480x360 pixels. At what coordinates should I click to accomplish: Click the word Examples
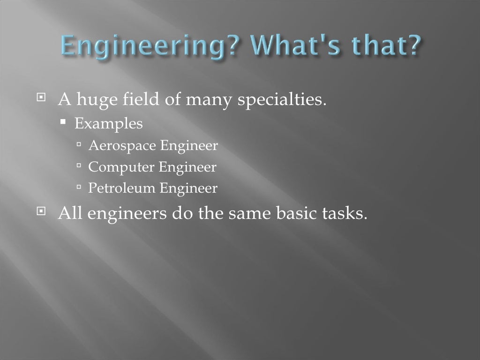pyautogui.click(x=109, y=124)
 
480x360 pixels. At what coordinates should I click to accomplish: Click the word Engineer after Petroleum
pyautogui.click(x=188, y=188)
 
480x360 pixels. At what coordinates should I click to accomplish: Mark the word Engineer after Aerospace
pyautogui.click(x=189, y=146)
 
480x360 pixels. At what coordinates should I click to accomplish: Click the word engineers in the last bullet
pyautogui.click(x=127, y=214)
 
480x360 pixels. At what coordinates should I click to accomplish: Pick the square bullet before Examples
pyautogui.click(x=64, y=123)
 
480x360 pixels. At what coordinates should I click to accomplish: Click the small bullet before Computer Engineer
pyautogui.click(x=79, y=166)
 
